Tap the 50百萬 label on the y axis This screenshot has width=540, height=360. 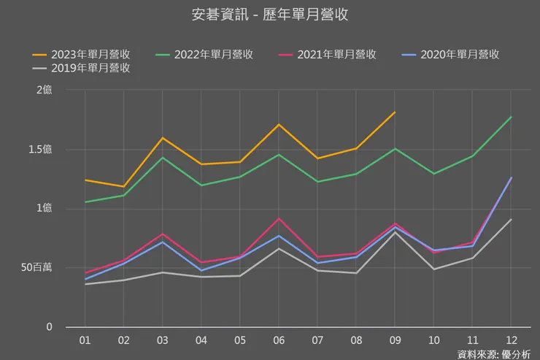coord(36,268)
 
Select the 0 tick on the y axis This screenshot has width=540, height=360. coord(49,327)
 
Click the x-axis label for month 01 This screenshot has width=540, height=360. coord(85,340)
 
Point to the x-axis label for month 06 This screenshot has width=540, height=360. coord(278,340)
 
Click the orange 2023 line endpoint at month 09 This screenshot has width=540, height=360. coord(395,112)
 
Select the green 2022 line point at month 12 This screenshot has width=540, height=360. coord(511,117)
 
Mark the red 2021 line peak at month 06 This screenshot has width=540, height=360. coord(278,218)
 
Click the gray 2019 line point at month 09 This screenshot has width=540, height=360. coord(395,232)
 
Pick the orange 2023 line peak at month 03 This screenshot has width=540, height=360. coord(162,138)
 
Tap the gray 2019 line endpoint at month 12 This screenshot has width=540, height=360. coord(511,219)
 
